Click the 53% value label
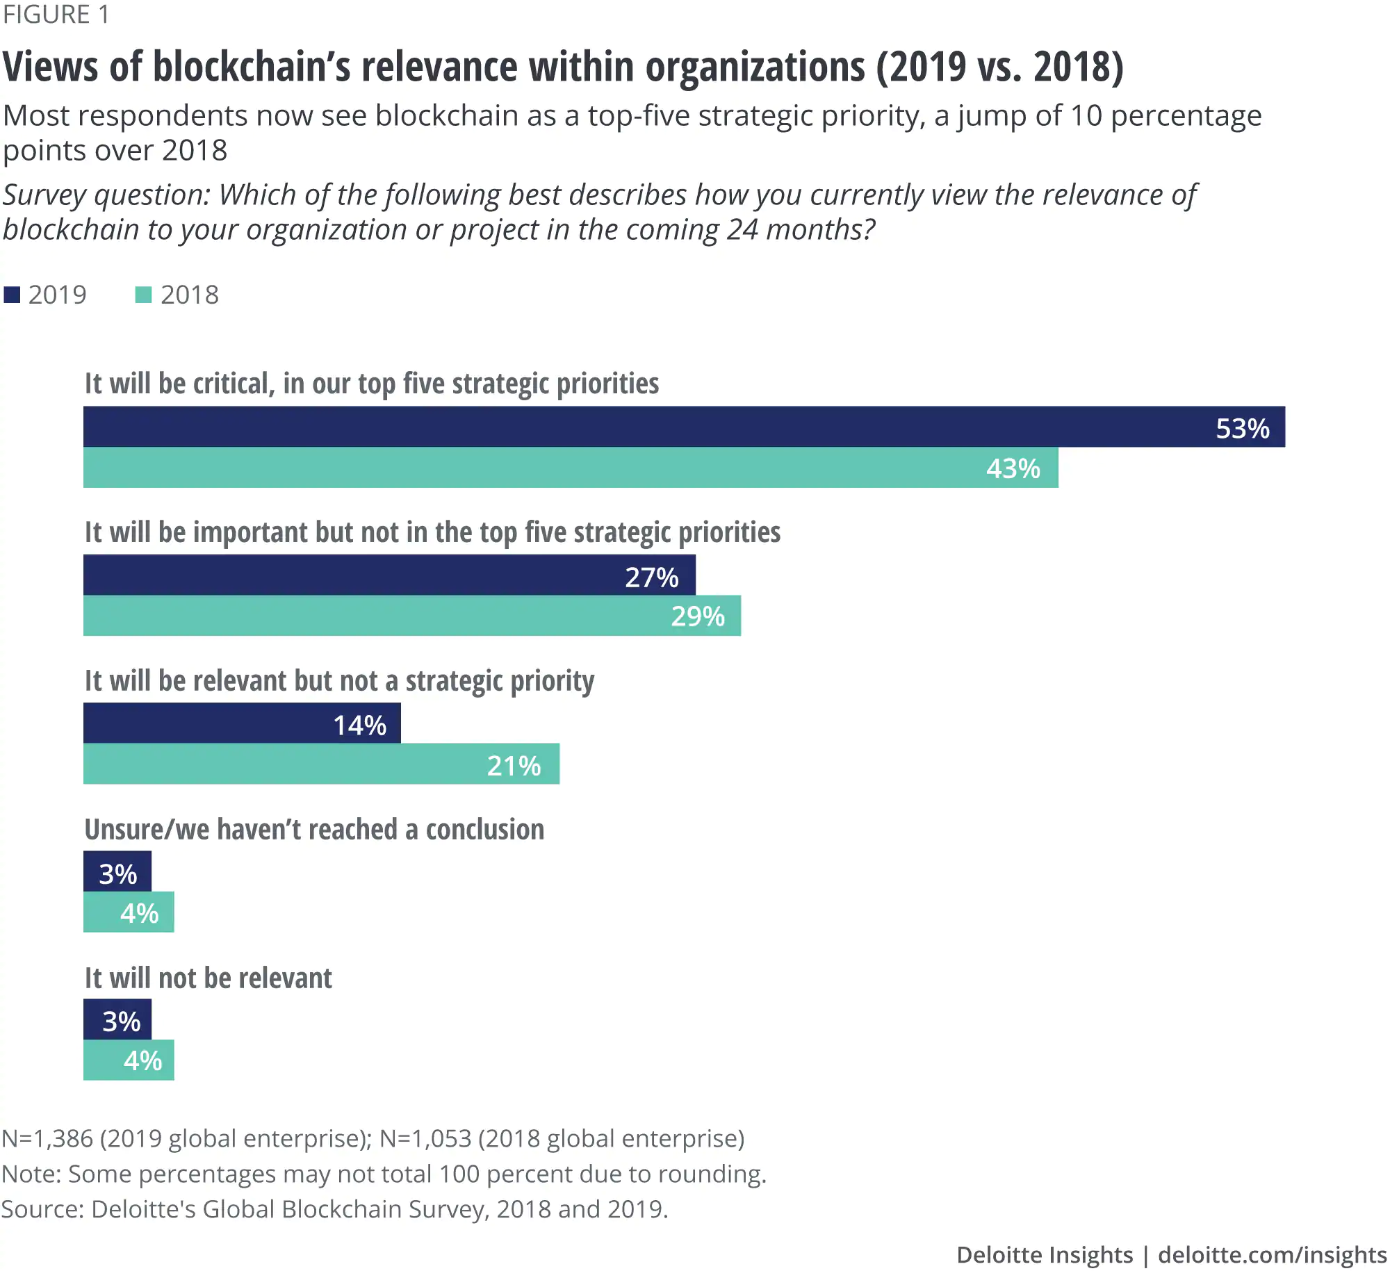1242,429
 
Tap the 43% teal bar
570,468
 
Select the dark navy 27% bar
389,575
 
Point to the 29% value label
698,616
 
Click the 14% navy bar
242,723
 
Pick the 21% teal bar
321,764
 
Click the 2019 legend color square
12,295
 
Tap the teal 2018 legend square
143,295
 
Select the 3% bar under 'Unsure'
117,871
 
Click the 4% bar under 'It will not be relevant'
129,1060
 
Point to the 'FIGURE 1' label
56,15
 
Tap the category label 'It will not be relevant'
208,978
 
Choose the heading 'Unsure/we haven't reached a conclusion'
314,830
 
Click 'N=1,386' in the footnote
47,1138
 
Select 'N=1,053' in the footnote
425,1138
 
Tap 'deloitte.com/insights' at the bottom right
1272,1254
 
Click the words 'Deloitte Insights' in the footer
1044,1254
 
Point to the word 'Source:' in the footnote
42,1209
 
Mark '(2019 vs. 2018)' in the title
999,67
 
